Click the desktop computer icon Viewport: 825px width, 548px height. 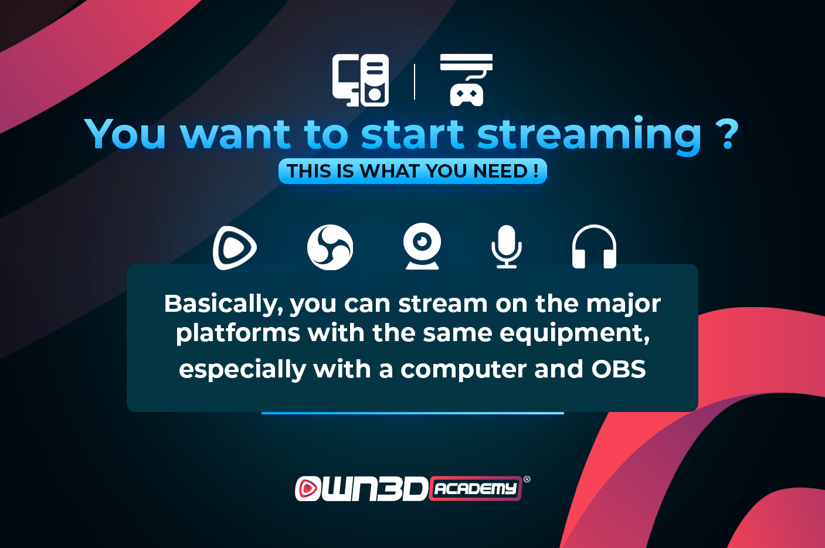coord(360,80)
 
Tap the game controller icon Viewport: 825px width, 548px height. coord(466,80)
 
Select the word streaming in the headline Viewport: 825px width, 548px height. coord(589,135)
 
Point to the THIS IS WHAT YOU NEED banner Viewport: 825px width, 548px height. coord(413,171)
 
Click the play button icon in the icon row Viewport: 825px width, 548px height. coord(235,248)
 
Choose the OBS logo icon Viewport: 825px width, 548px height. coord(330,247)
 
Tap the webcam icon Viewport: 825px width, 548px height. coord(422,246)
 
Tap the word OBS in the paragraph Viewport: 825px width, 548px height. coord(619,369)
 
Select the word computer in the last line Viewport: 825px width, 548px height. coord(463,370)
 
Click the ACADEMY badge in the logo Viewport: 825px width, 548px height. coord(475,488)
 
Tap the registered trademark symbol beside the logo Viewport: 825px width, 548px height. coord(527,479)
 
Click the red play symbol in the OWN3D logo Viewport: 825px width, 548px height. coord(308,489)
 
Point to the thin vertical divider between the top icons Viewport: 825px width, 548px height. coord(415,81)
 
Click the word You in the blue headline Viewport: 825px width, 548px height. coord(125,134)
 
